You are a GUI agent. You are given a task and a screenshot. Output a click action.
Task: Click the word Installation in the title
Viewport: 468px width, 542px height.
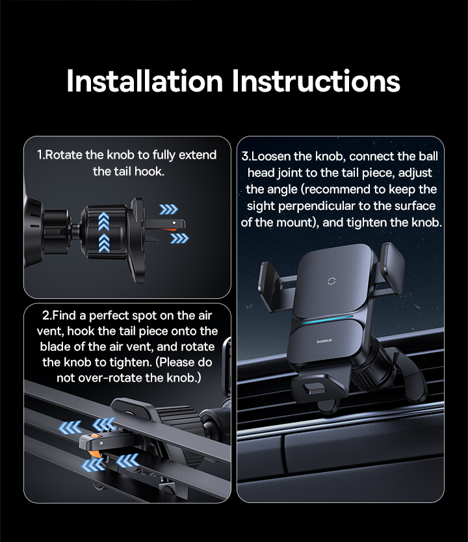tap(144, 81)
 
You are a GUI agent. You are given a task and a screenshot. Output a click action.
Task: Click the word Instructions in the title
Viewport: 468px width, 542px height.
tap(316, 81)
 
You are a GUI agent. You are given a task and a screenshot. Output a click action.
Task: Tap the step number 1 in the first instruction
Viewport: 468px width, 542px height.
tap(40, 155)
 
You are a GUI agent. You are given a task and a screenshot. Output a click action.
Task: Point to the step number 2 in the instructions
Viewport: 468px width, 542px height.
tap(46, 316)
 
